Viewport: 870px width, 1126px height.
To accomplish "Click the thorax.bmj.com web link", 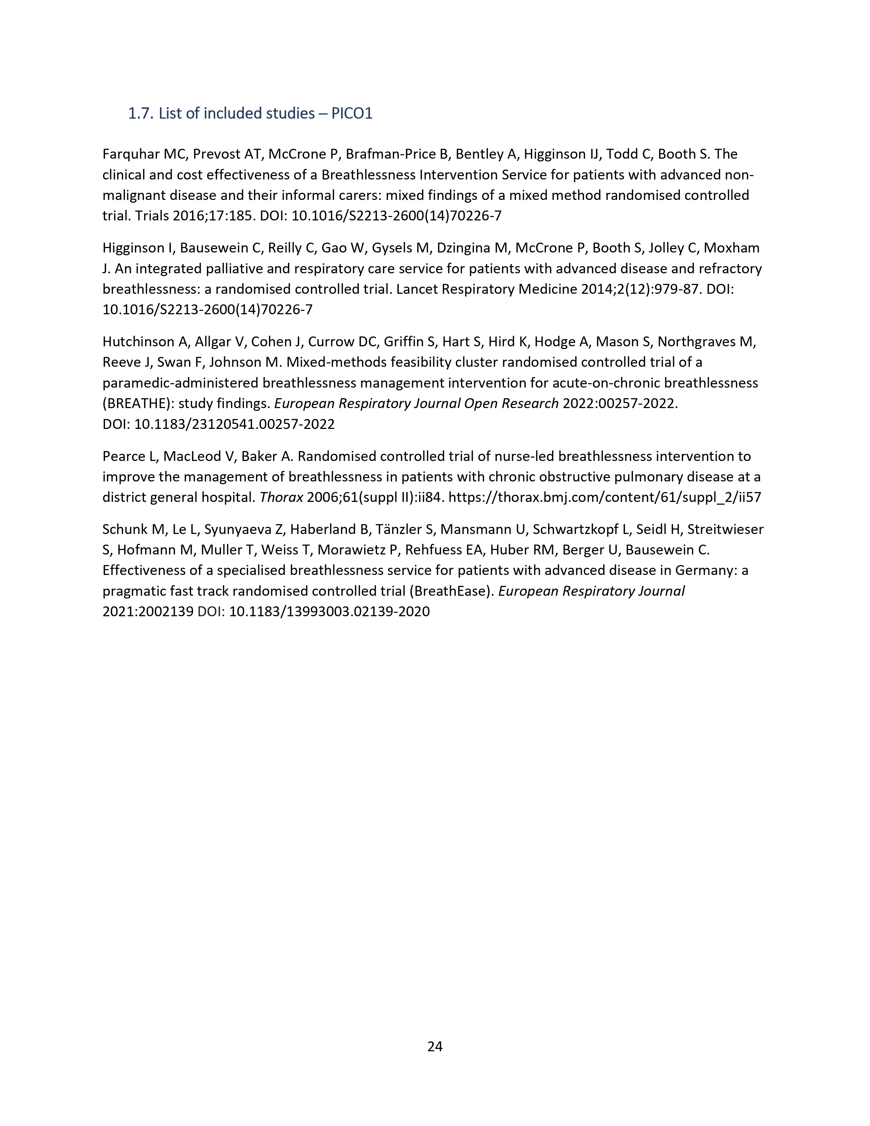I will [x=605, y=497].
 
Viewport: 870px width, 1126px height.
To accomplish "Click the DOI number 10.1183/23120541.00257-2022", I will [x=234, y=424].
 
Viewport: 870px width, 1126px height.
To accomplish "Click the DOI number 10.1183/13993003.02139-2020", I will [x=329, y=612].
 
